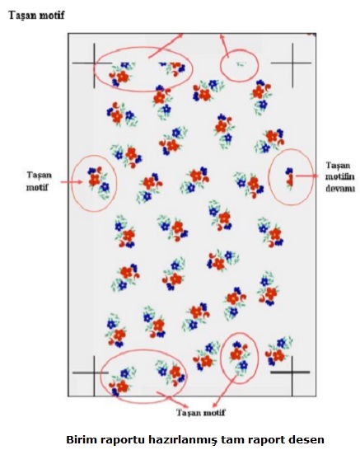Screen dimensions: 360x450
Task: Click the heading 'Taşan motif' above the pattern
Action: [x=36, y=15]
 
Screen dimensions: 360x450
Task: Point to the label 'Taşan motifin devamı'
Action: [x=340, y=176]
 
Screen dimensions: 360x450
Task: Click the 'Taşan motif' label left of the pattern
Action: [x=39, y=180]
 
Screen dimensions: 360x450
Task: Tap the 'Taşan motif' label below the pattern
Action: [x=201, y=413]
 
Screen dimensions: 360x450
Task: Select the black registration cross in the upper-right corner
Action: [x=292, y=63]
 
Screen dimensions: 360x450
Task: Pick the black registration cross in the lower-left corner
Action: [x=94, y=373]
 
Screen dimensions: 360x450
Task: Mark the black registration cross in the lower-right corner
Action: [x=292, y=373]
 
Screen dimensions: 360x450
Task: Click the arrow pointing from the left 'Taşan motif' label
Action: [x=72, y=181]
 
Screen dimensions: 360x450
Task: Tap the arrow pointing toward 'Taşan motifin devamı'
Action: [x=306, y=176]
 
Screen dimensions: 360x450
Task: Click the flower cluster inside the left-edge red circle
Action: [x=98, y=183]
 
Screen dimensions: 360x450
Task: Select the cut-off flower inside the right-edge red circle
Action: [x=289, y=178]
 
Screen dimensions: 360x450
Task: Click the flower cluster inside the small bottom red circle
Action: [x=240, y=357]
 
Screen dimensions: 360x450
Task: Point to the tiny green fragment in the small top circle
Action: [x=241, y=64]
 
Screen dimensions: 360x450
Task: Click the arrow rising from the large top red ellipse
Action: [x=166, y=46]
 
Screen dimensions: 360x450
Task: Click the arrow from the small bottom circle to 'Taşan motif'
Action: [x=224, y=391]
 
